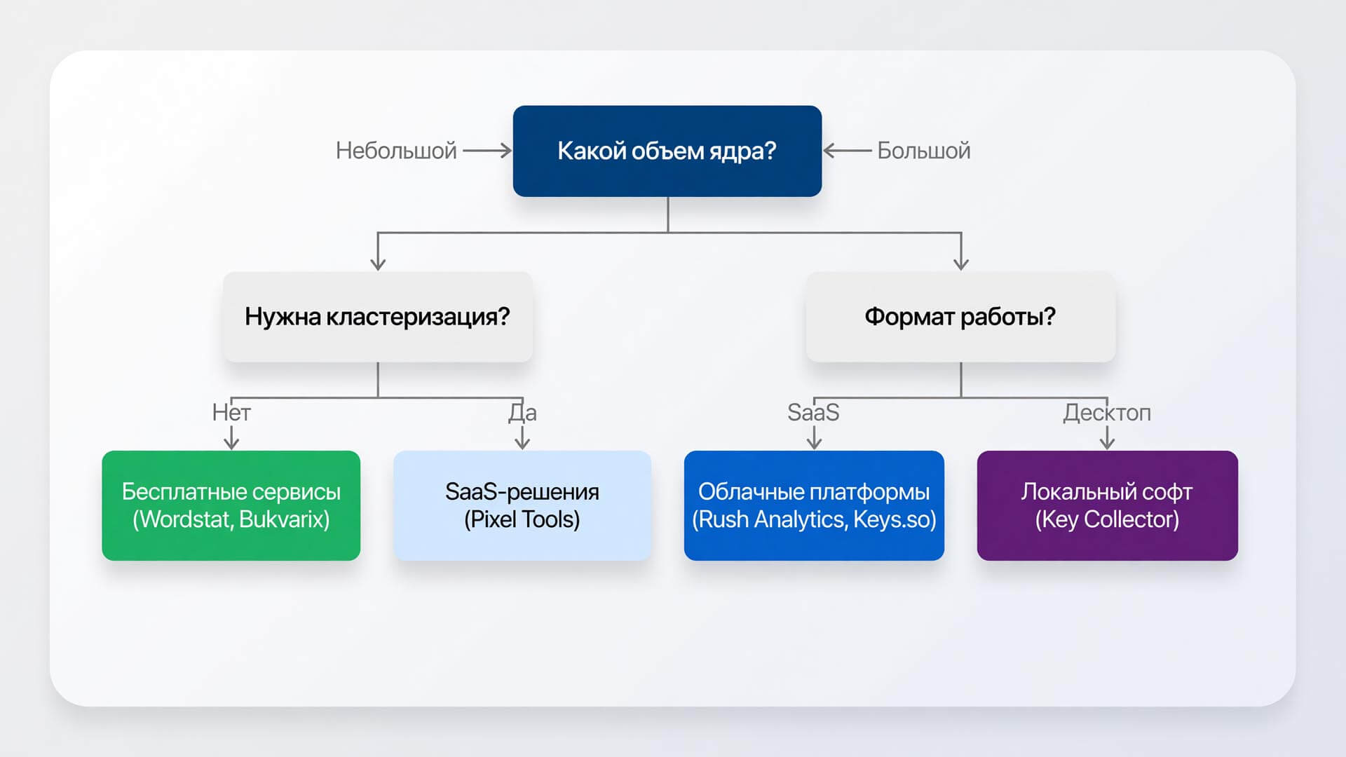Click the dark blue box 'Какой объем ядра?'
667,151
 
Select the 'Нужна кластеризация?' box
378,317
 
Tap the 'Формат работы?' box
960,317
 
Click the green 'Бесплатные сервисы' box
231,505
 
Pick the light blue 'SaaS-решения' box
522,505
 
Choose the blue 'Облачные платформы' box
814,505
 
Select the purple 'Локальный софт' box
1108,505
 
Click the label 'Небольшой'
396,151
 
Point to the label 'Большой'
924,151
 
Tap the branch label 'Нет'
231,412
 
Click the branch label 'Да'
522,413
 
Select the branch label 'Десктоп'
1107,413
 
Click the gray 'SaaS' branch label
813,412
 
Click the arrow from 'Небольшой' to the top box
487,150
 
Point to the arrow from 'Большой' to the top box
848,150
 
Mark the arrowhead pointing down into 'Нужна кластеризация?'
378,263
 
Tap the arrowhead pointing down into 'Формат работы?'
961,263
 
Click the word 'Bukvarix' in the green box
284,519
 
